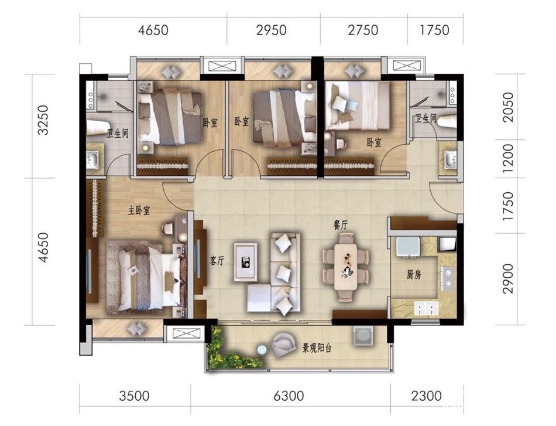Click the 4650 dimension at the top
coord(153,30)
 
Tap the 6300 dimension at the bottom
coord(289,396)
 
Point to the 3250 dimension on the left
coord(43,120)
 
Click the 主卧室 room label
coord(139,210)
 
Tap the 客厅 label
coord(217,261)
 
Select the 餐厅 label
coord(341,225)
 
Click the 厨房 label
coord(413,274)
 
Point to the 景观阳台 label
coord(317,348)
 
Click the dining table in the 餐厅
coord(346,267)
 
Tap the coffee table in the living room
coord(246,261)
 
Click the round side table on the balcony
coord(262,350)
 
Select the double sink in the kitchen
coord(426,308)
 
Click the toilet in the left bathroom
coord(95,128)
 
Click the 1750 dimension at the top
coord(434,30)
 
